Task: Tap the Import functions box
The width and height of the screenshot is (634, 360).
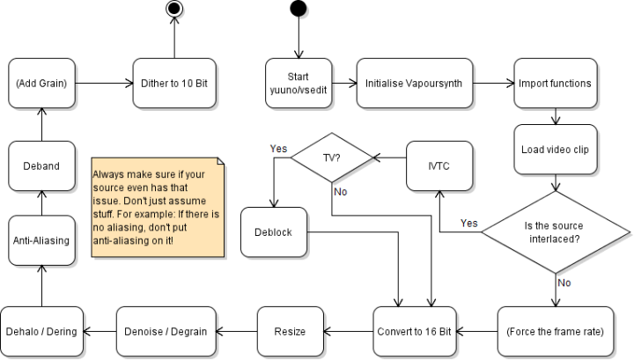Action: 554,84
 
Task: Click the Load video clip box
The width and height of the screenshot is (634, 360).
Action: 554,148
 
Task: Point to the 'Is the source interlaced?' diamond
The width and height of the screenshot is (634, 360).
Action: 555,231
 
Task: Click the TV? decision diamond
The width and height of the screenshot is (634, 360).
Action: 332,159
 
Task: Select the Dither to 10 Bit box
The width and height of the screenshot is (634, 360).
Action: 173,84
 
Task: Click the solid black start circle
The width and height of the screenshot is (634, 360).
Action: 299,9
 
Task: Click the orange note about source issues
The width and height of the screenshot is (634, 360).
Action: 158,207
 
